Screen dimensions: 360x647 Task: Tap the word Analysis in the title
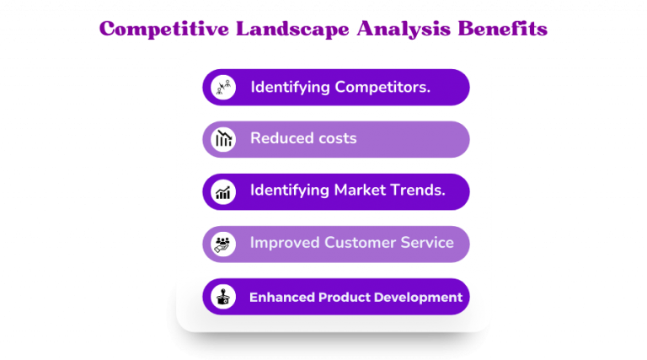tap(401, 30)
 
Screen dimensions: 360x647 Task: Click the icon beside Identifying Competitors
tap(223, 87)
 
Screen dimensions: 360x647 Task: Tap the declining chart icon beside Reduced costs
tap(223, 139)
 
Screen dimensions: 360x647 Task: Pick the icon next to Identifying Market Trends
tap(223, 191)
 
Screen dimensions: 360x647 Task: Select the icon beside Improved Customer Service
tap(223, 244)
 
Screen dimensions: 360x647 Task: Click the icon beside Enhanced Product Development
tap(223, 297)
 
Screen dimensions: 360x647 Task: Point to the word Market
tap(363, 191)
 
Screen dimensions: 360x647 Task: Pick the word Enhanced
tap(281, 297)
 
